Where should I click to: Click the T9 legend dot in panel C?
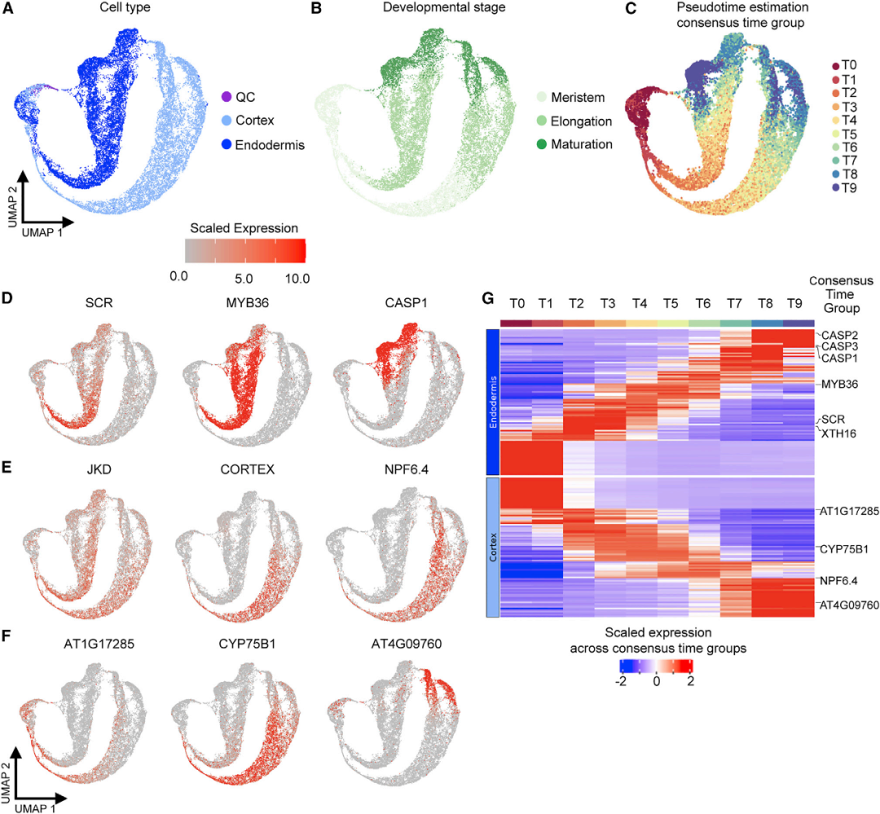tap(836, 188)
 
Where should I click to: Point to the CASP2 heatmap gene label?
tap(840, 335)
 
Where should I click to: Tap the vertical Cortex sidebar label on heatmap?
tap(492, 548)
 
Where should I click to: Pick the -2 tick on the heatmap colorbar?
tap(619, 682)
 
